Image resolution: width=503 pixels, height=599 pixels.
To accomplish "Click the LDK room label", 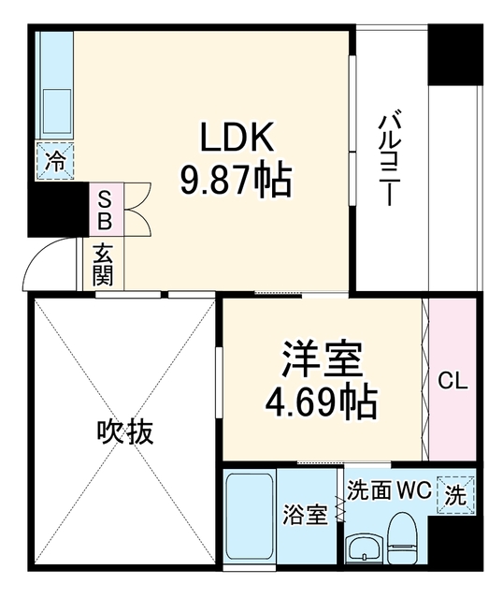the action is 237,137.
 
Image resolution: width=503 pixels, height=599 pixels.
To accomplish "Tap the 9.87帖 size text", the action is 237,181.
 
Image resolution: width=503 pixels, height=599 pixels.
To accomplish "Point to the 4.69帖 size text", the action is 322,403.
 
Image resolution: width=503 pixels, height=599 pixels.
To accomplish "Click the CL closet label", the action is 453,381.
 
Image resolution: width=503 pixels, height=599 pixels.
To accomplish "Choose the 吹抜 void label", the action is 125,432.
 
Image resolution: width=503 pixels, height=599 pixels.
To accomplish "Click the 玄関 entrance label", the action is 103,264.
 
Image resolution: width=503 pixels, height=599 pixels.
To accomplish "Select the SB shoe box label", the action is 105,210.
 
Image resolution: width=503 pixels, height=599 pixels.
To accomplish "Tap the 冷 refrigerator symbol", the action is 55,160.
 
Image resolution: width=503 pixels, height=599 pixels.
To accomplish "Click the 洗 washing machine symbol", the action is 456,495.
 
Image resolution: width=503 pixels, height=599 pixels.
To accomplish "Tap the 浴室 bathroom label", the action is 306,515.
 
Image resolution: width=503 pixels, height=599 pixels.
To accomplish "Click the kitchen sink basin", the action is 57,110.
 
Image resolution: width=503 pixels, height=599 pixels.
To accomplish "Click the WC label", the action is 415,490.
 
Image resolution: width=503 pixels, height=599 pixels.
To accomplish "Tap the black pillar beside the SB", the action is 58,210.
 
